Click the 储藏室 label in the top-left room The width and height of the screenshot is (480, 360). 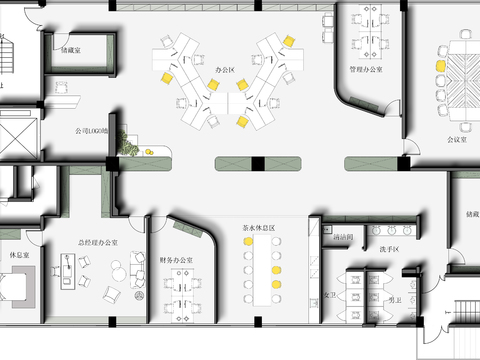70,48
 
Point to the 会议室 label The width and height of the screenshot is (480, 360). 460,140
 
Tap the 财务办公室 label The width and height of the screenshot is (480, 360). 177,260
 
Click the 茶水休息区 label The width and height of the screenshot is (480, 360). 258,228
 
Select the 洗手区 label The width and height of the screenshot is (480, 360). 389,248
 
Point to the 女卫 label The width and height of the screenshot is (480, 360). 330,296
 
